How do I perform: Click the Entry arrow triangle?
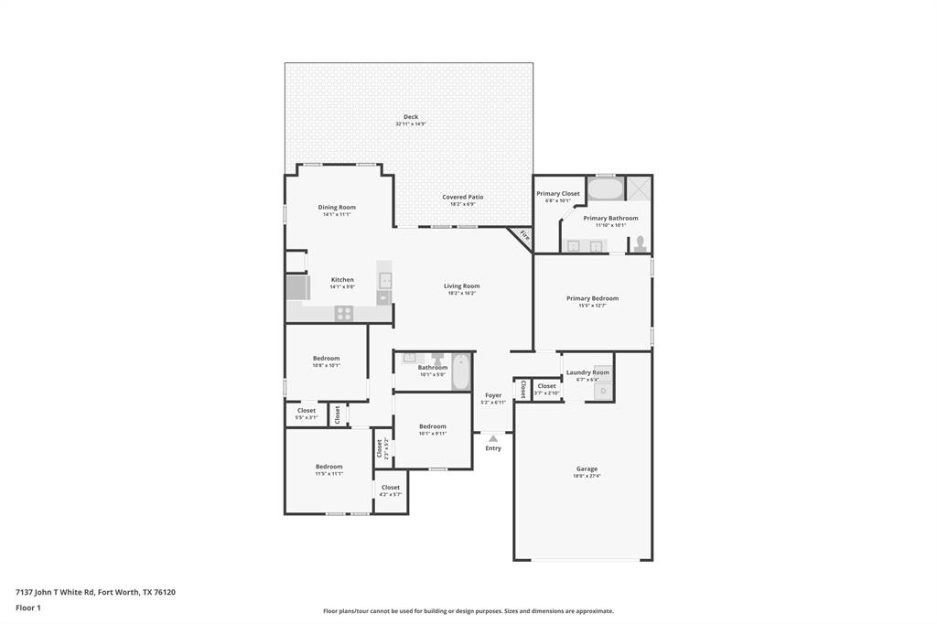tap(493, 438)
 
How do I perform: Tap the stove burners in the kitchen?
tap(344, 313)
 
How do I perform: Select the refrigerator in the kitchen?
tap(298, 288)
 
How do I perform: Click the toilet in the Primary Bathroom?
tap(641, 243)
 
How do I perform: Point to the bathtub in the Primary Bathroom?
tap(604, 189)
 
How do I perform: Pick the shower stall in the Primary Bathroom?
tap(639, 188)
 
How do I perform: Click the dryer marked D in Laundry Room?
tap(603, 391)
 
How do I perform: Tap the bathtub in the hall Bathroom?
tap(458, 371)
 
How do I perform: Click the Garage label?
tap(587, 468)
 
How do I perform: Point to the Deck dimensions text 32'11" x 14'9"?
tap(411, 124)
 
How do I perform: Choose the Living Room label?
tap(462, 285)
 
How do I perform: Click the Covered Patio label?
tap(462, 197)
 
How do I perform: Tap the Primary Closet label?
tap(558, 193)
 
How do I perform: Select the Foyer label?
tap(493, 395)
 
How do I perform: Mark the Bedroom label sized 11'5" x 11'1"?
tap(328, 466)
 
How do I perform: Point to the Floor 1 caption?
tap(28, 607)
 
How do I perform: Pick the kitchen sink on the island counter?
tap(385, 280)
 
